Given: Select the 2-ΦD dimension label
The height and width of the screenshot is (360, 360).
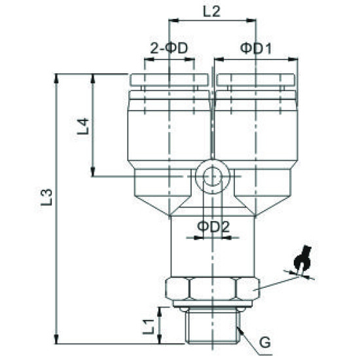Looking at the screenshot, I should click(170, 48).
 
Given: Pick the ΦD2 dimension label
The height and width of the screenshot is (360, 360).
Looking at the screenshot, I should click(212, 226).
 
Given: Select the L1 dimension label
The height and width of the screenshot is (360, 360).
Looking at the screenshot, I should click(149, 323).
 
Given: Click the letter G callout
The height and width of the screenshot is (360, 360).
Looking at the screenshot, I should click(264, 342).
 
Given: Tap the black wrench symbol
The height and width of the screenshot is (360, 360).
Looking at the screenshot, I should click(302, 259).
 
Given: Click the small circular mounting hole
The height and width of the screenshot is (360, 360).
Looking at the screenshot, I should click(212, 175).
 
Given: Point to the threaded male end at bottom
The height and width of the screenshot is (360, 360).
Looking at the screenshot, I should click(212, 326).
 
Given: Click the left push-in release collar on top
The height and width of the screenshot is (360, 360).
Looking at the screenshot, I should click(170, 81).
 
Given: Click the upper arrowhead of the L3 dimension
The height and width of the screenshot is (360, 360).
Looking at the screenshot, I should click(59, 79).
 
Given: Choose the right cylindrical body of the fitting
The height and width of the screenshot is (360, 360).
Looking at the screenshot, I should click(257, 131).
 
